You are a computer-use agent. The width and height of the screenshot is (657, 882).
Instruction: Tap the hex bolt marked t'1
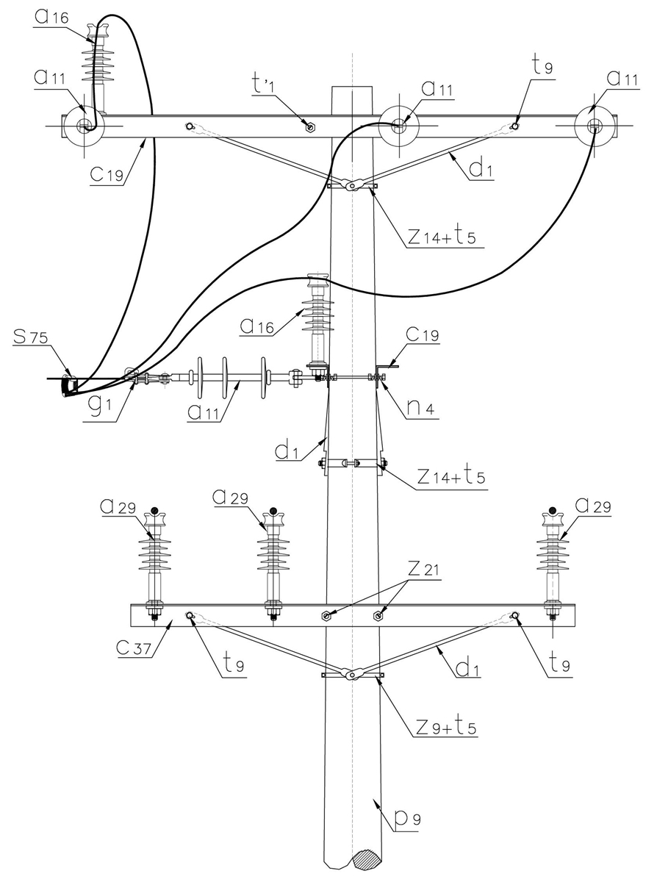coord(310,126)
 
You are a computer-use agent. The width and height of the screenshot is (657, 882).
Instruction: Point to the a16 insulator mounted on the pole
coord(317,316)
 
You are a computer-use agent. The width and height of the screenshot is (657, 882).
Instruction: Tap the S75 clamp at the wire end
coord(70,384)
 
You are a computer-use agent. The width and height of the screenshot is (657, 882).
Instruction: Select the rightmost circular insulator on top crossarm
coord(594,126)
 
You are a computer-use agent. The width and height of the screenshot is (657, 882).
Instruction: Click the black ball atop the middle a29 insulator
coord(273,511)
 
